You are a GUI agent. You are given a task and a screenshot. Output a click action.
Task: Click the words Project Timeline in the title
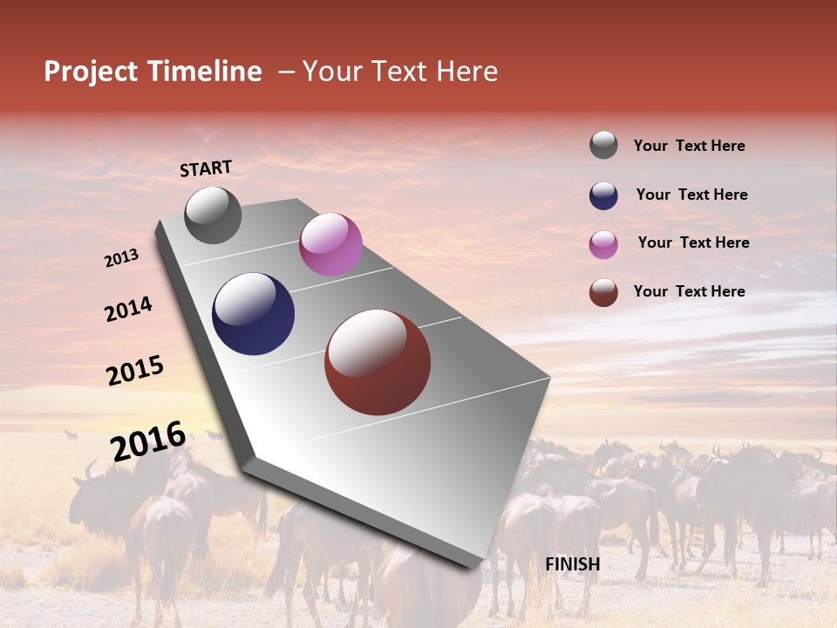153,72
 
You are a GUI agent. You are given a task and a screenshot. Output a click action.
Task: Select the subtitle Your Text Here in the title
399,72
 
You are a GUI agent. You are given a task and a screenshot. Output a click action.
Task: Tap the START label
206,168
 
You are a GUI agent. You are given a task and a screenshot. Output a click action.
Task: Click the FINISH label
572,564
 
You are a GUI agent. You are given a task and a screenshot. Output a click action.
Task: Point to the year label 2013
121,258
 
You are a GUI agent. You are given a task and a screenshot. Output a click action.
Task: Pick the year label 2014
128,310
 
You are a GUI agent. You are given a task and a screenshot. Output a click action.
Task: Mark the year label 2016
148,441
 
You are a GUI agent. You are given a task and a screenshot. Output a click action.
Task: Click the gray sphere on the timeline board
213,215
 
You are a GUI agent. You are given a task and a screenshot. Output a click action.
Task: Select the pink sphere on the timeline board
330,244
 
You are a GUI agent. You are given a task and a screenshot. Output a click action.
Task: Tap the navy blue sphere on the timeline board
253,314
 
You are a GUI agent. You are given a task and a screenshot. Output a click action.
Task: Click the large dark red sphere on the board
378,362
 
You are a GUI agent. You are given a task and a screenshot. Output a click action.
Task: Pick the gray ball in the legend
603,146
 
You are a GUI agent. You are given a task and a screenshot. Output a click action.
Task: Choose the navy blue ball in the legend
603,195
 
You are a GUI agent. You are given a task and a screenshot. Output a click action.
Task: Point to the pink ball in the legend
603,244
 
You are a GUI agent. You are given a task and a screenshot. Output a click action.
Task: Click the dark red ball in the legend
603,292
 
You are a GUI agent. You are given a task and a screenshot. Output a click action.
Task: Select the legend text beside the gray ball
689,147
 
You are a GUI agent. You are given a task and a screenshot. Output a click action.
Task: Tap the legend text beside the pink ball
693,242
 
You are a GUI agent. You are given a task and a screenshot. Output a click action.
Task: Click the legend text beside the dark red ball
689,291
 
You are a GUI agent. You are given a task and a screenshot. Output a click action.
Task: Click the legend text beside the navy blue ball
691,195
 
